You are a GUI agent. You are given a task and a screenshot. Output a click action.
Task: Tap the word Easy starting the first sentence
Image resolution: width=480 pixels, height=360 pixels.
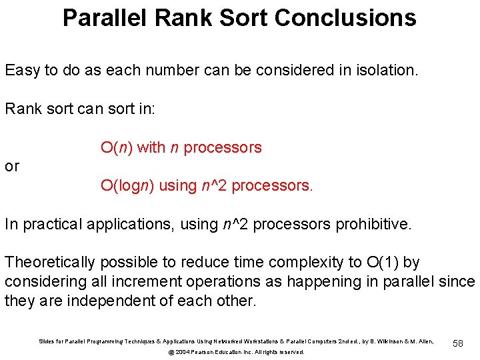pyautogui.click(x=23, y=70)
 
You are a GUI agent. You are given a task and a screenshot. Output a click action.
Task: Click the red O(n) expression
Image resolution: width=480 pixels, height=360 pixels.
pyautogui.click(x=117, y=147)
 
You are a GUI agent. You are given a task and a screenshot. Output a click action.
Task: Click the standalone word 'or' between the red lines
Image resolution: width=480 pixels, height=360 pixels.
pyautogui.click(x=12, y=167)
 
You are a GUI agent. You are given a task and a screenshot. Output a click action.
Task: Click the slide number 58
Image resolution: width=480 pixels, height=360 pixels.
pyautogui.click(x=457, y=342)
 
